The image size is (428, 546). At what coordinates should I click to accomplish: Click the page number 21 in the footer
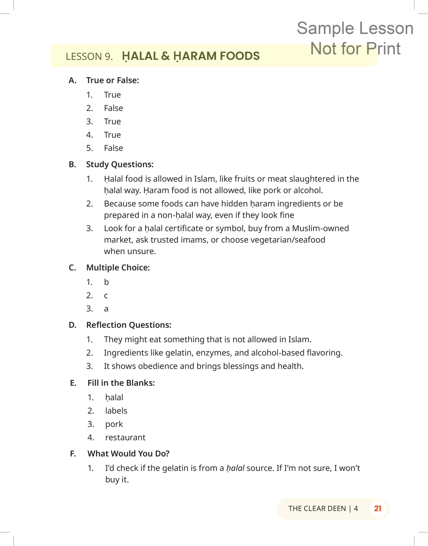click(x=377, y=508)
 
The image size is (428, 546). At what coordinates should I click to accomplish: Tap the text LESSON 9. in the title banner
click(x=89, y=56)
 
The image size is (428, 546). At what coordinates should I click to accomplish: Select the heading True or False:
click(x=113, y=80)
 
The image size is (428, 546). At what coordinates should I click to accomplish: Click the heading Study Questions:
click(x=120, y=164)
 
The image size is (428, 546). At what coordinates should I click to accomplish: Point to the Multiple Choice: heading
click(x=118, y=268)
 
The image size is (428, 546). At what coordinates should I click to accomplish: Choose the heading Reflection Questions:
click(x=129, y=325)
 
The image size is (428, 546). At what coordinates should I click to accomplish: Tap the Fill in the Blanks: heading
click(x=121, y=383)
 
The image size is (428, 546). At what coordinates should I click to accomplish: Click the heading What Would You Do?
click(x=128, y=453)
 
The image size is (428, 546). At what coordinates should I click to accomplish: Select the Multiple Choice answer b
click(x=106, y=282)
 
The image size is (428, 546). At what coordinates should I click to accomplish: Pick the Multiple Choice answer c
click(x=106, y=296)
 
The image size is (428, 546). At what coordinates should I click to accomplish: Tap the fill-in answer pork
click(x=114, y=424)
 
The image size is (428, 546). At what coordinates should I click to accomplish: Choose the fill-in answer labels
click(x=116, y=411)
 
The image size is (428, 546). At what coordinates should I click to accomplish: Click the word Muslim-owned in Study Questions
click(x=320, y=228)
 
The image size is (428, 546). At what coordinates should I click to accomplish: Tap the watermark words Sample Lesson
click(x=355, y=28)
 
